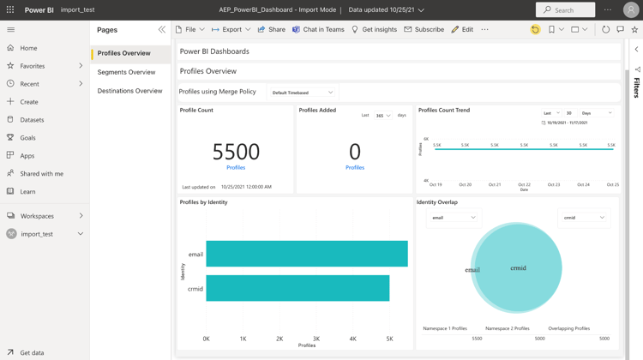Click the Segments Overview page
pyautogui.click(x=126, y=72)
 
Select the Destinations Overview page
pyautogui.click(x=129, y=90)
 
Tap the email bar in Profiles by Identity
pyautogui.click(x=306, y=254)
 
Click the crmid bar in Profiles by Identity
pyautogui.click(x=297, y=288)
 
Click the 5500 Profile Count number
pyautogui.click(x=236, y=152)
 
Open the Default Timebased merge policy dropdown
pyautogui.click(x=303, y=93)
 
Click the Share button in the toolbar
pyautogui.click(x=272, y=29)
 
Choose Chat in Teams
pyautogui.click(x=318, y=29)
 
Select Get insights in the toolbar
pyautogui.click(x=374, y=29)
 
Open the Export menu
pyautogui.click(x=231, y=29)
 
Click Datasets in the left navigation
pyautogui.click(x=32, y=120)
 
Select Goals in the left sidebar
pyautogui.click(x=28, y=137)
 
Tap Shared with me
pyautogui.click(x=41, y=173)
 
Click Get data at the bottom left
pyautogui.click(x=32, y=352)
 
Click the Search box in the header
pyautogui.click(x=565, y=9)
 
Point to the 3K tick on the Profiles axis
pyautogui.click(x=316, y=339)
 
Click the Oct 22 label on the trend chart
pyautogui.click(x=524, y=184)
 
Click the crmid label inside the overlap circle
pyautogui.click(x=518, y=268)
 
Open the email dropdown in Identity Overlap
pyautogui.click(x=454, y=218)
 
